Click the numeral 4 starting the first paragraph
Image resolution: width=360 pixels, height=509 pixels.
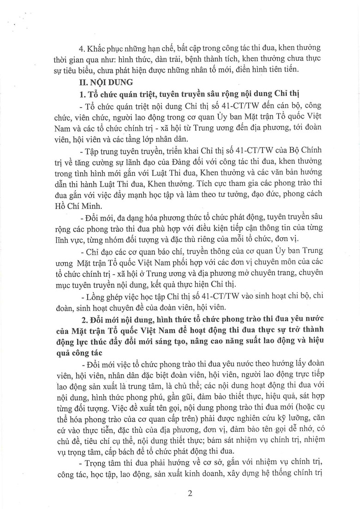[x=81, y=48]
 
